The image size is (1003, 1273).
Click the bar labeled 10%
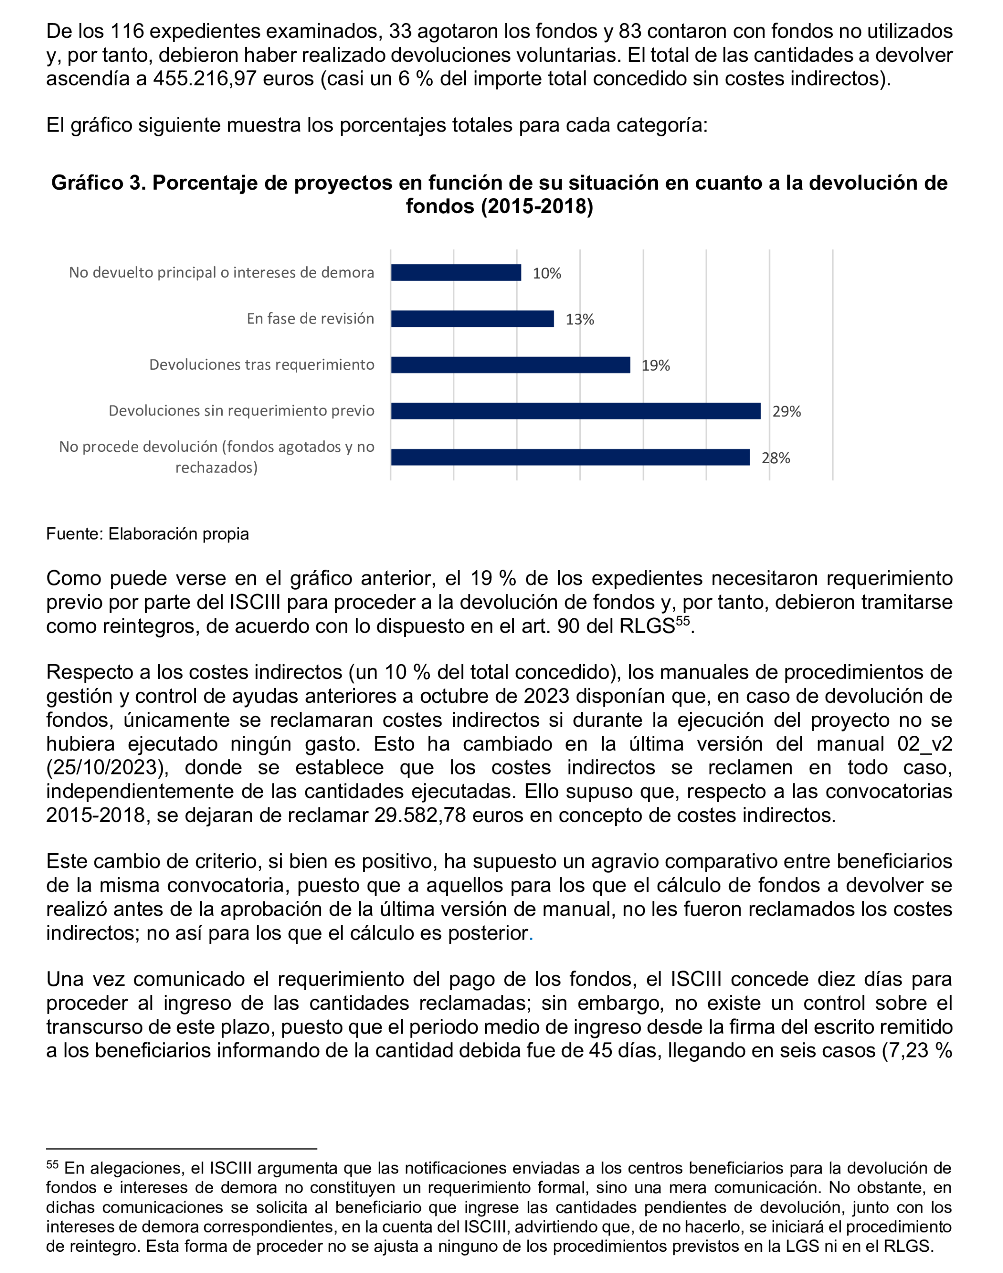coord(456,273)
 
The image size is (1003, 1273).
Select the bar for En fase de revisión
coord(472,319)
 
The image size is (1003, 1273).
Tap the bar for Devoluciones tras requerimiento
coord(510,365)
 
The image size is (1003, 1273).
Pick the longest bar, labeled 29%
coord(576,411)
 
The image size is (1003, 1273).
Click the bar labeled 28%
coord(570,457)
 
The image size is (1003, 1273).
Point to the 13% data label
coord(580,319)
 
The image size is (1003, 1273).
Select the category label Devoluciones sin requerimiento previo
coord(242,410)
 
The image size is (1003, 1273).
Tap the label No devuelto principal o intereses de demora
coord(221,273)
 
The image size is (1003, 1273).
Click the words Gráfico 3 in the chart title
coord(98,183)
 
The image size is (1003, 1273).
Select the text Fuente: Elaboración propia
coord(147,534)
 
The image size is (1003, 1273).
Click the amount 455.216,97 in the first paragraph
coord(204,79)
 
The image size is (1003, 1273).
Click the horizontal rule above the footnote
coord(182,1148)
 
